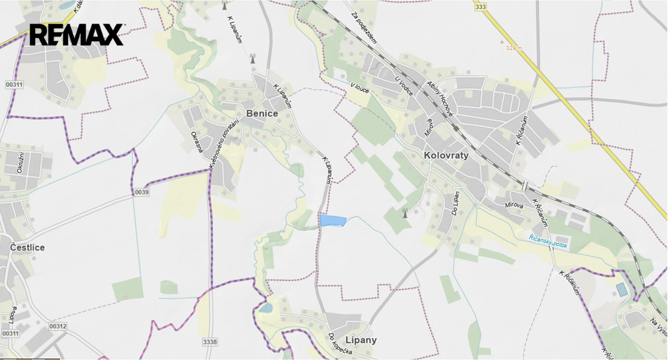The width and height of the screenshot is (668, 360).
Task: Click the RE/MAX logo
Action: pos(76,35)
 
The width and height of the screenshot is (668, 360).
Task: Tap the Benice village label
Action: pos(262,113)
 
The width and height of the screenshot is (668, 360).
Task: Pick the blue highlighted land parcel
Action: pos(332,220)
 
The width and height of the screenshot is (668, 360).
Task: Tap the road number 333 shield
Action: pos(481,7)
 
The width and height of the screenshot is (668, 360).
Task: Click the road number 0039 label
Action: pos(142,192)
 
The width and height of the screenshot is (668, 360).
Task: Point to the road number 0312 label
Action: pos(57,326)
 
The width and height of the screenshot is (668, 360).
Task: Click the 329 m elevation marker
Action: pos(515,47)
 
